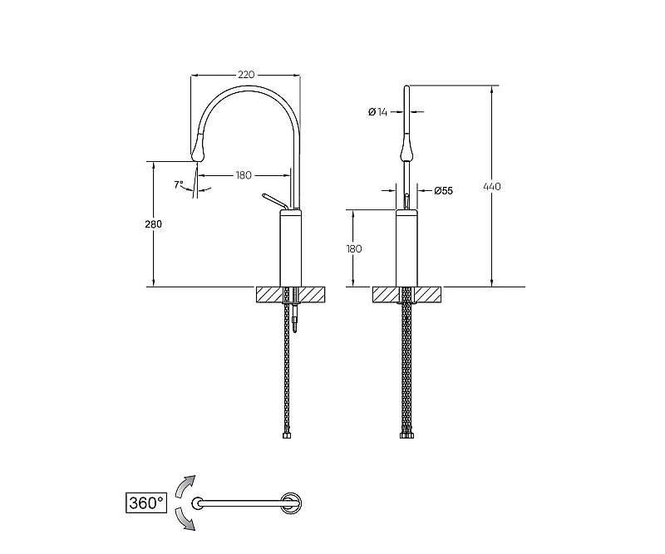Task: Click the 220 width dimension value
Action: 246,75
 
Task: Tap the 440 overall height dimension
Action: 492,186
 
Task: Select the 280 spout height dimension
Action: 153,223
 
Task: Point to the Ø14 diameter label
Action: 378,112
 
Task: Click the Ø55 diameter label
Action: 444,191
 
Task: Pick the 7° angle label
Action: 179,185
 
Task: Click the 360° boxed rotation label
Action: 146,503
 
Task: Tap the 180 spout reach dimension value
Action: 244,175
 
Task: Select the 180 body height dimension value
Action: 354,248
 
